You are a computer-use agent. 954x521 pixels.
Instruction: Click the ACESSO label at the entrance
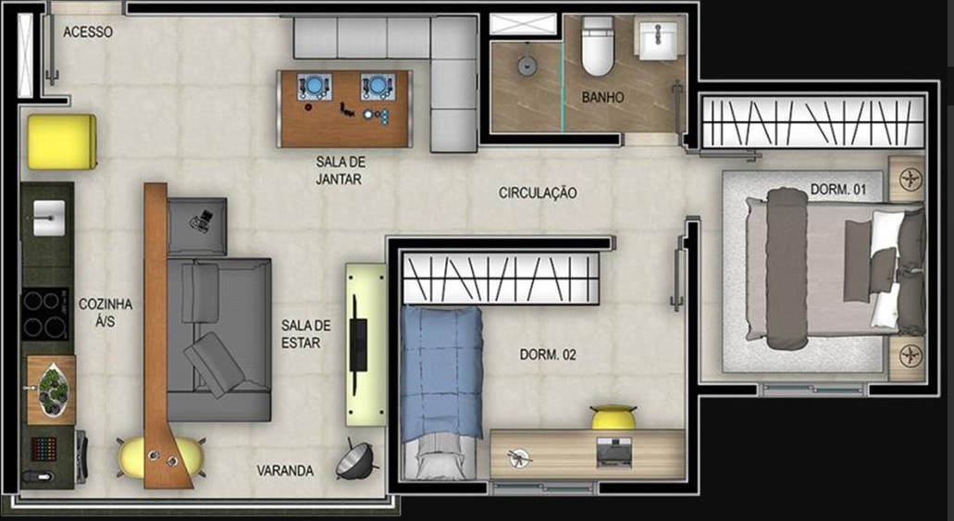[88, 31]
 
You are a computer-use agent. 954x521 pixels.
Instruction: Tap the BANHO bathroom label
[602, 97]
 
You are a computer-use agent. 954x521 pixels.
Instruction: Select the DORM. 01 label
[838, 190]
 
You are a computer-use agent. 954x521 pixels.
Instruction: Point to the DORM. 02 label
[548, 354]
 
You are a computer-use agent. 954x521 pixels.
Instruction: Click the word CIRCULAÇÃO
[538, 192]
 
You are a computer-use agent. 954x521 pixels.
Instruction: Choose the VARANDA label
[285, 470]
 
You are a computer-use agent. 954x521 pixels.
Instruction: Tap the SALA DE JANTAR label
[340, 171]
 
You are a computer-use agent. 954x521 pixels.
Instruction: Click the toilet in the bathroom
[598, 45]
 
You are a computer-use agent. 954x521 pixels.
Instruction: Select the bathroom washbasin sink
[658, 41]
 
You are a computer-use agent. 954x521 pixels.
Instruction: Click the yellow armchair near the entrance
[61, 142]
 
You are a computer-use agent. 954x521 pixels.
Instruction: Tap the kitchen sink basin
[49, 217]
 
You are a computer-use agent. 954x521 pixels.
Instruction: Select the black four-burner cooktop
[45, 314]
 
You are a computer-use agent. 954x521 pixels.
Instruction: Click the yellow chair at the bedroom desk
[613, 417]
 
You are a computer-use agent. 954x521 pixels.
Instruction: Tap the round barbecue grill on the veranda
[355, 461]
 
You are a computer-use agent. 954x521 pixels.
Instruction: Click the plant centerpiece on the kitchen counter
[54, 390]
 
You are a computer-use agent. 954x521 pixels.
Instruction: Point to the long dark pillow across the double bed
[787, 268]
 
